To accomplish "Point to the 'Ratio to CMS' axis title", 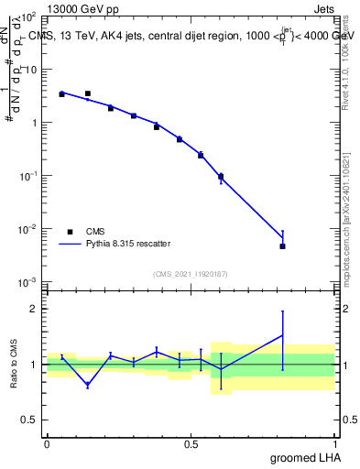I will [x=14, y=364].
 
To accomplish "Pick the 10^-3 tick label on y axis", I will [x=30, y=281].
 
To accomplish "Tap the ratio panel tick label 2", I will [x=36, y=309].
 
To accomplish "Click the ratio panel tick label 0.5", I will [x=32, y=420].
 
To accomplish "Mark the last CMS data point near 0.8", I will [x=283, y=246].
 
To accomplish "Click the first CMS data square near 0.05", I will [x=61, y=94].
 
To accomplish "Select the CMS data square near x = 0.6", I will [x=221, y=176].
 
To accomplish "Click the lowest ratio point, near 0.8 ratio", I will [x=87, y=385].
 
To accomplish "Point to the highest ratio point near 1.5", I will [x=283, y=334].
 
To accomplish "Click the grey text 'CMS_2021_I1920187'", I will [x=191, y=273].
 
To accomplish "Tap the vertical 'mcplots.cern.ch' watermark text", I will [x=347, y=238].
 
